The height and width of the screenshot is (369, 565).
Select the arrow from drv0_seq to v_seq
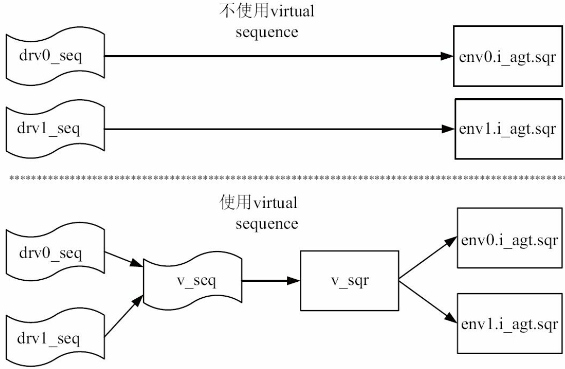(124, 261)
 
